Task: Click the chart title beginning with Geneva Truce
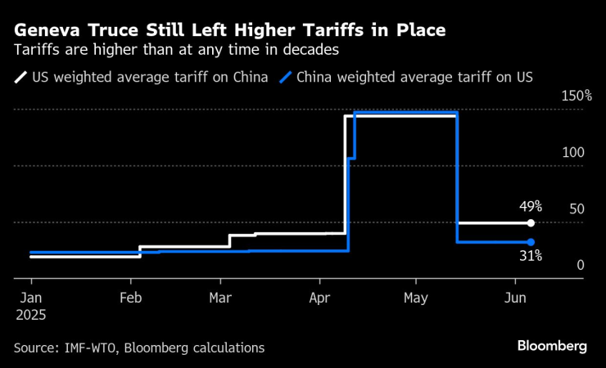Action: click(x=230, y=31)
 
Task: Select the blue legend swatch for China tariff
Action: click(x=285, y=79)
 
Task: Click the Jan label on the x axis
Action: click(x=30, y=298)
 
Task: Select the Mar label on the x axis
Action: click(x=220, y=298)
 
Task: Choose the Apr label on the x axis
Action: click(x=319, y=298)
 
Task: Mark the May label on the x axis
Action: click(x=415, y=298)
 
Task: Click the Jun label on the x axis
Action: click(x=514, y=298)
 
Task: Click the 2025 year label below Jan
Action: click(x=30, y=314)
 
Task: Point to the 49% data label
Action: click(x=530, y=206)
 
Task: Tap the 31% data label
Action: click(x=530, y=256)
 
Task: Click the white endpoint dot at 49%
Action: click(x=531, y=222)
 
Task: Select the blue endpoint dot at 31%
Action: click(x=531, y=242)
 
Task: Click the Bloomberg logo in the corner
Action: click(x=551, y=346)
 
